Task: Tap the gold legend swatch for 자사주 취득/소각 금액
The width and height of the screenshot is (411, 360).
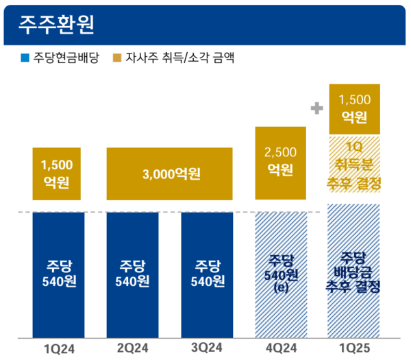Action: click(x=117, y=59)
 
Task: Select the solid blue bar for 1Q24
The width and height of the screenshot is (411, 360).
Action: click(x=58, y=274)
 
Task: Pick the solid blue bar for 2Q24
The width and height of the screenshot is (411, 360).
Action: click(x=132, y=274)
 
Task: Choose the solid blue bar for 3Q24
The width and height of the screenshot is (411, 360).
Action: click(x=206, y=274)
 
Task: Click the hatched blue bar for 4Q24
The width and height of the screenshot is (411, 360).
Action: click(x=280, y=274)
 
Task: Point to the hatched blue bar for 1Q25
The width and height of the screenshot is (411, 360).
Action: click(x=354, y=274)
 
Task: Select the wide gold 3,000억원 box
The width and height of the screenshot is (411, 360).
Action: click(x=170, y=174)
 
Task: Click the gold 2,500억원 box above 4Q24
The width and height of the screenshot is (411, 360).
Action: click(x=280, y=163)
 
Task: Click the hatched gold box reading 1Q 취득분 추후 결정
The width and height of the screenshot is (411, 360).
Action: click(x=354, y=165)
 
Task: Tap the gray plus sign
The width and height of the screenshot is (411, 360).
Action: click(x=316, y=108)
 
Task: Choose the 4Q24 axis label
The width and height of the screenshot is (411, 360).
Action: click(x=280, y=349)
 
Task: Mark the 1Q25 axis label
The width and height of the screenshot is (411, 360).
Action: click(x=354, y=349)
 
